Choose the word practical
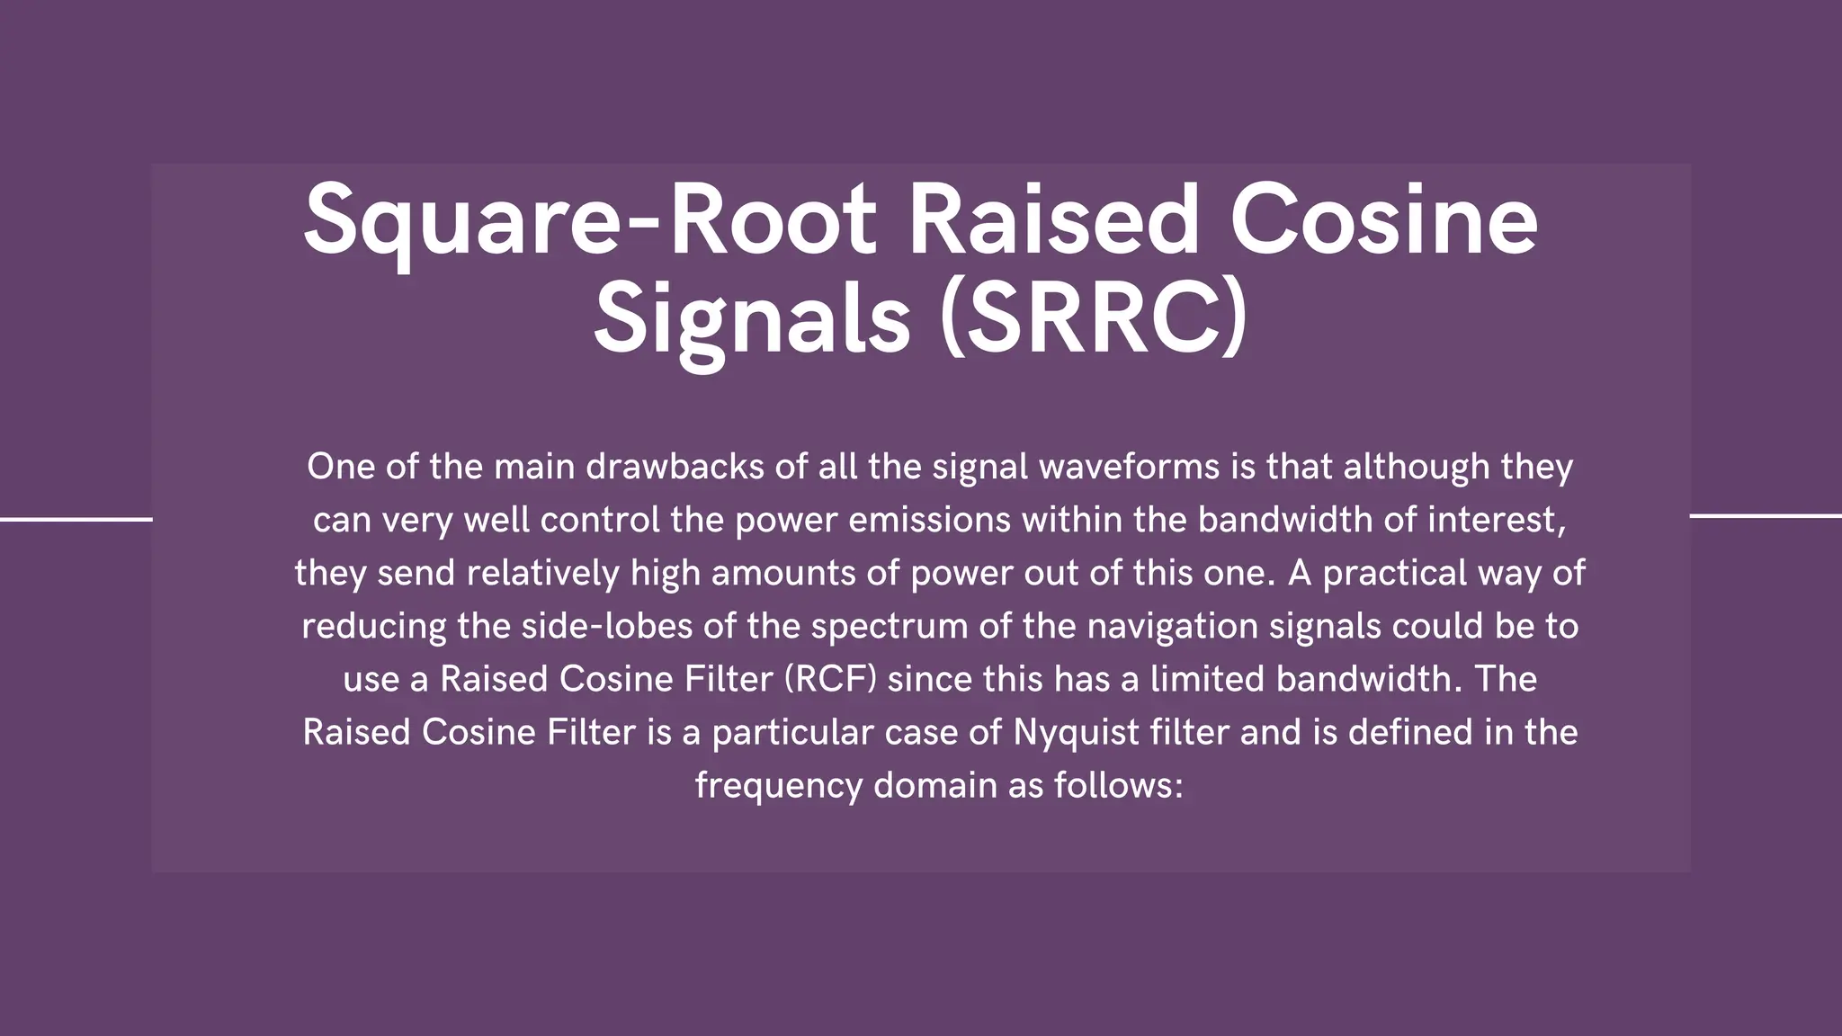[1394, 573]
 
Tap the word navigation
[1172, 626]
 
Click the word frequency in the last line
[778, 785]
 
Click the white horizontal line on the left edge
[76, 519]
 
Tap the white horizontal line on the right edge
[1766, 516]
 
